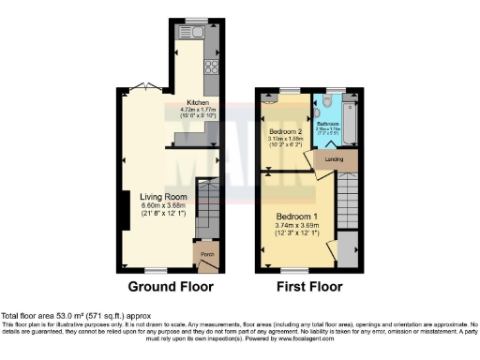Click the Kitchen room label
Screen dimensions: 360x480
coord(198,102)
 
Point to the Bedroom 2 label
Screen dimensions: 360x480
coord(285,129)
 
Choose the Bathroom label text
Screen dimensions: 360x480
coord(327,123)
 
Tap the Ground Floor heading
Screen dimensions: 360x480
coord(171,286)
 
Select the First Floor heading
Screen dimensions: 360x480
coord(307,286)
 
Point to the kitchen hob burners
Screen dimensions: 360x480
coord(212,67)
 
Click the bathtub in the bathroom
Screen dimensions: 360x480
coord(349,122)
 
